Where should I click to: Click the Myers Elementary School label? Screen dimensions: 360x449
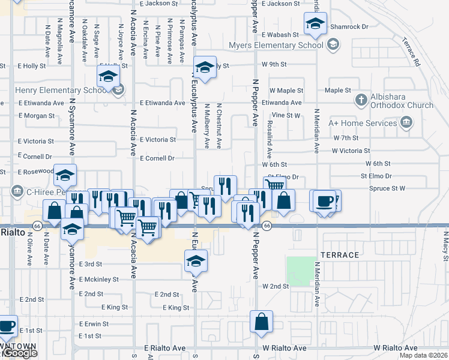click(276, 45)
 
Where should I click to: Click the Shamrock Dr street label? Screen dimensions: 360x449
click(351, 26)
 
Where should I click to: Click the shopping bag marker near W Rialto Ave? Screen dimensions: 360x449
click(262, 322)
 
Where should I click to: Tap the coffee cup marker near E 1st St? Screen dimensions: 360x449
click(7, 326)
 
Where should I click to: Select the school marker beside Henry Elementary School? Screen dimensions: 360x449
click(109, 77)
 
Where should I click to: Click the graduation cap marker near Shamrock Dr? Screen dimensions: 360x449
click(315, 24)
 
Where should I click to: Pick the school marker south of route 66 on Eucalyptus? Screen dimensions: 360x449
click(196, 261)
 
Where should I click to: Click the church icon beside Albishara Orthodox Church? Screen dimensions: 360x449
click(361, 100)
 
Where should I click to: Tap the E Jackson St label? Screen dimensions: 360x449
click(150, 4)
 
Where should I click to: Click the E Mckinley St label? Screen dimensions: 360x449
click(99, 279)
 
